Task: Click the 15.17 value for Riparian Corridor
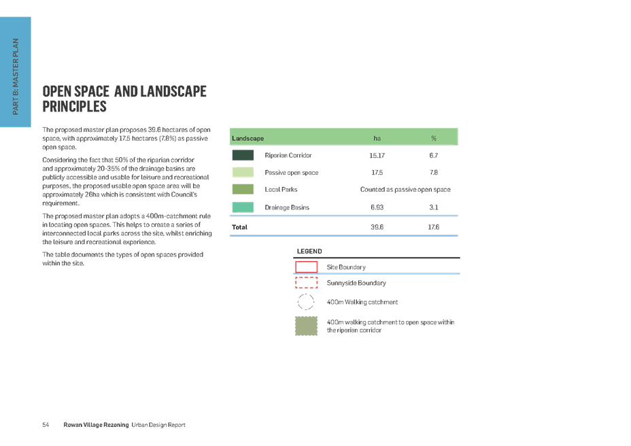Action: (377, 156)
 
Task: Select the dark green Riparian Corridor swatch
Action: (243, 155)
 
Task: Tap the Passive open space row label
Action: (291, 173)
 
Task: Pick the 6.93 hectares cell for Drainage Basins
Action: (377, 207)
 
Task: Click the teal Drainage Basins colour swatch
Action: (243, 207)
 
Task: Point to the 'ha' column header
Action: (377, 138)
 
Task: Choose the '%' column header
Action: (433, 138)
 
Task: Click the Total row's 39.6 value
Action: (377, 227)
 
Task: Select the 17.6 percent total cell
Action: (433, 227)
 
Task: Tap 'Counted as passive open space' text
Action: (405, 190)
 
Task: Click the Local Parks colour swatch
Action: (243, 189)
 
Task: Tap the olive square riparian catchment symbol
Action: (306, 326)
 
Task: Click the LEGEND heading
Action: (309, 251)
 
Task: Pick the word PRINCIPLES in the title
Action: (74, 107)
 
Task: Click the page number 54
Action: (46, 425)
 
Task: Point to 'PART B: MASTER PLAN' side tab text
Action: (16, 76)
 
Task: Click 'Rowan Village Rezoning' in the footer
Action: (96, 425)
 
